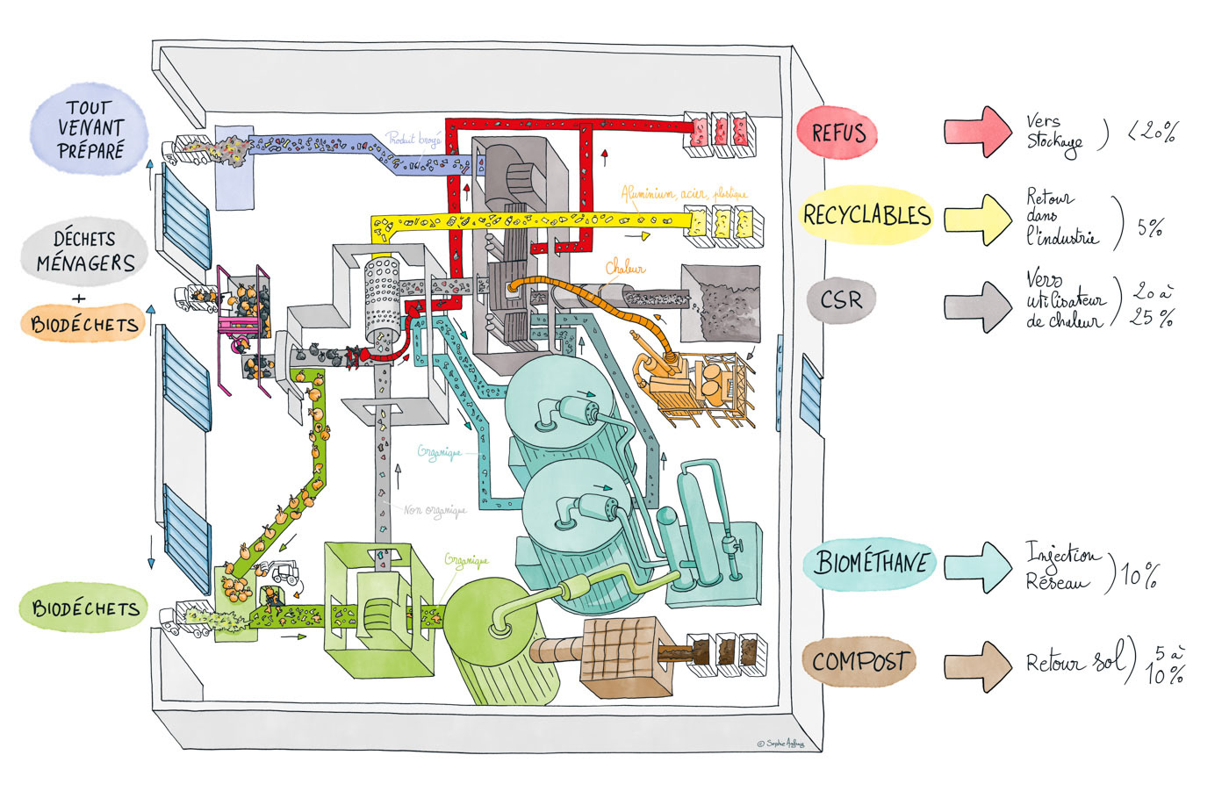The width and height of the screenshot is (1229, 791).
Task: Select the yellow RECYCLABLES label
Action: click(866, 215)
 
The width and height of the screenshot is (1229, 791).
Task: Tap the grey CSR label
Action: click(840, 300)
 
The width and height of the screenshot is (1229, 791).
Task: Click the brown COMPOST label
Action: click(859, 661)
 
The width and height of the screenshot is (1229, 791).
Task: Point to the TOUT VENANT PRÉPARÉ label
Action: click(90, 130)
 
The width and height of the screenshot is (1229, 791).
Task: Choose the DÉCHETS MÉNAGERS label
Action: click(86, 252)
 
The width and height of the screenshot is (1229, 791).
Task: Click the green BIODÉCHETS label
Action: click(84, 608)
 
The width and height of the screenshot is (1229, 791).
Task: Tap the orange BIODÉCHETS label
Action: click(84, 325)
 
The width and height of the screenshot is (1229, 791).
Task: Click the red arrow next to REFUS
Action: click(978, 132)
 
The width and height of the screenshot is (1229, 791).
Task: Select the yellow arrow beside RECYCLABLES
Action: click(978, 219)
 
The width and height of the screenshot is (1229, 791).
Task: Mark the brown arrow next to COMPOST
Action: click(978, 665)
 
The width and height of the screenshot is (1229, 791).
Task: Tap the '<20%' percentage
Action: click(1153, 133)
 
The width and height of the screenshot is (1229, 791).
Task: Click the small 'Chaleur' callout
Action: click(625, 270)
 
